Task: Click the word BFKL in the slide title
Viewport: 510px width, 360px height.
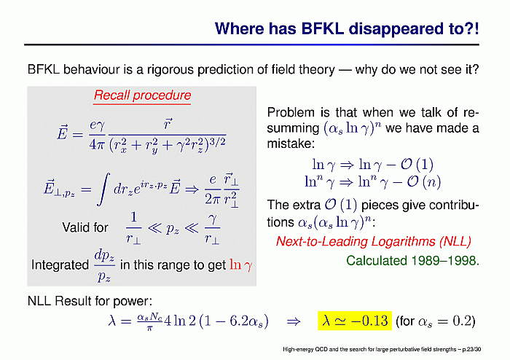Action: coord(322,28)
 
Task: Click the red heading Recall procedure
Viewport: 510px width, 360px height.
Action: coord(142,95)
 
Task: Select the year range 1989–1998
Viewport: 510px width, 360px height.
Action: coord(445,260)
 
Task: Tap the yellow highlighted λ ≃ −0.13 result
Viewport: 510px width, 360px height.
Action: coord(355,321)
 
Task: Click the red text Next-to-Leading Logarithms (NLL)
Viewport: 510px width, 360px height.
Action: coord(373,241)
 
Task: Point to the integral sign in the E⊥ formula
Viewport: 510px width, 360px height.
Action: coord(103,189)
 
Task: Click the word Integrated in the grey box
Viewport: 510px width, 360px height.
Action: coord(60,265)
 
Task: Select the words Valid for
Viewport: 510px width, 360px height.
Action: coord(85,227)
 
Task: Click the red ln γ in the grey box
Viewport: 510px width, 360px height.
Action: coord(240,265)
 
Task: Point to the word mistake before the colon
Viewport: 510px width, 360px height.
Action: coord(289,144)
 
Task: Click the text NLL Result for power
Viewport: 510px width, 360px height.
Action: coord(90,301)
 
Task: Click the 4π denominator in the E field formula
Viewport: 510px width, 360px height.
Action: coord(97,144)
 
